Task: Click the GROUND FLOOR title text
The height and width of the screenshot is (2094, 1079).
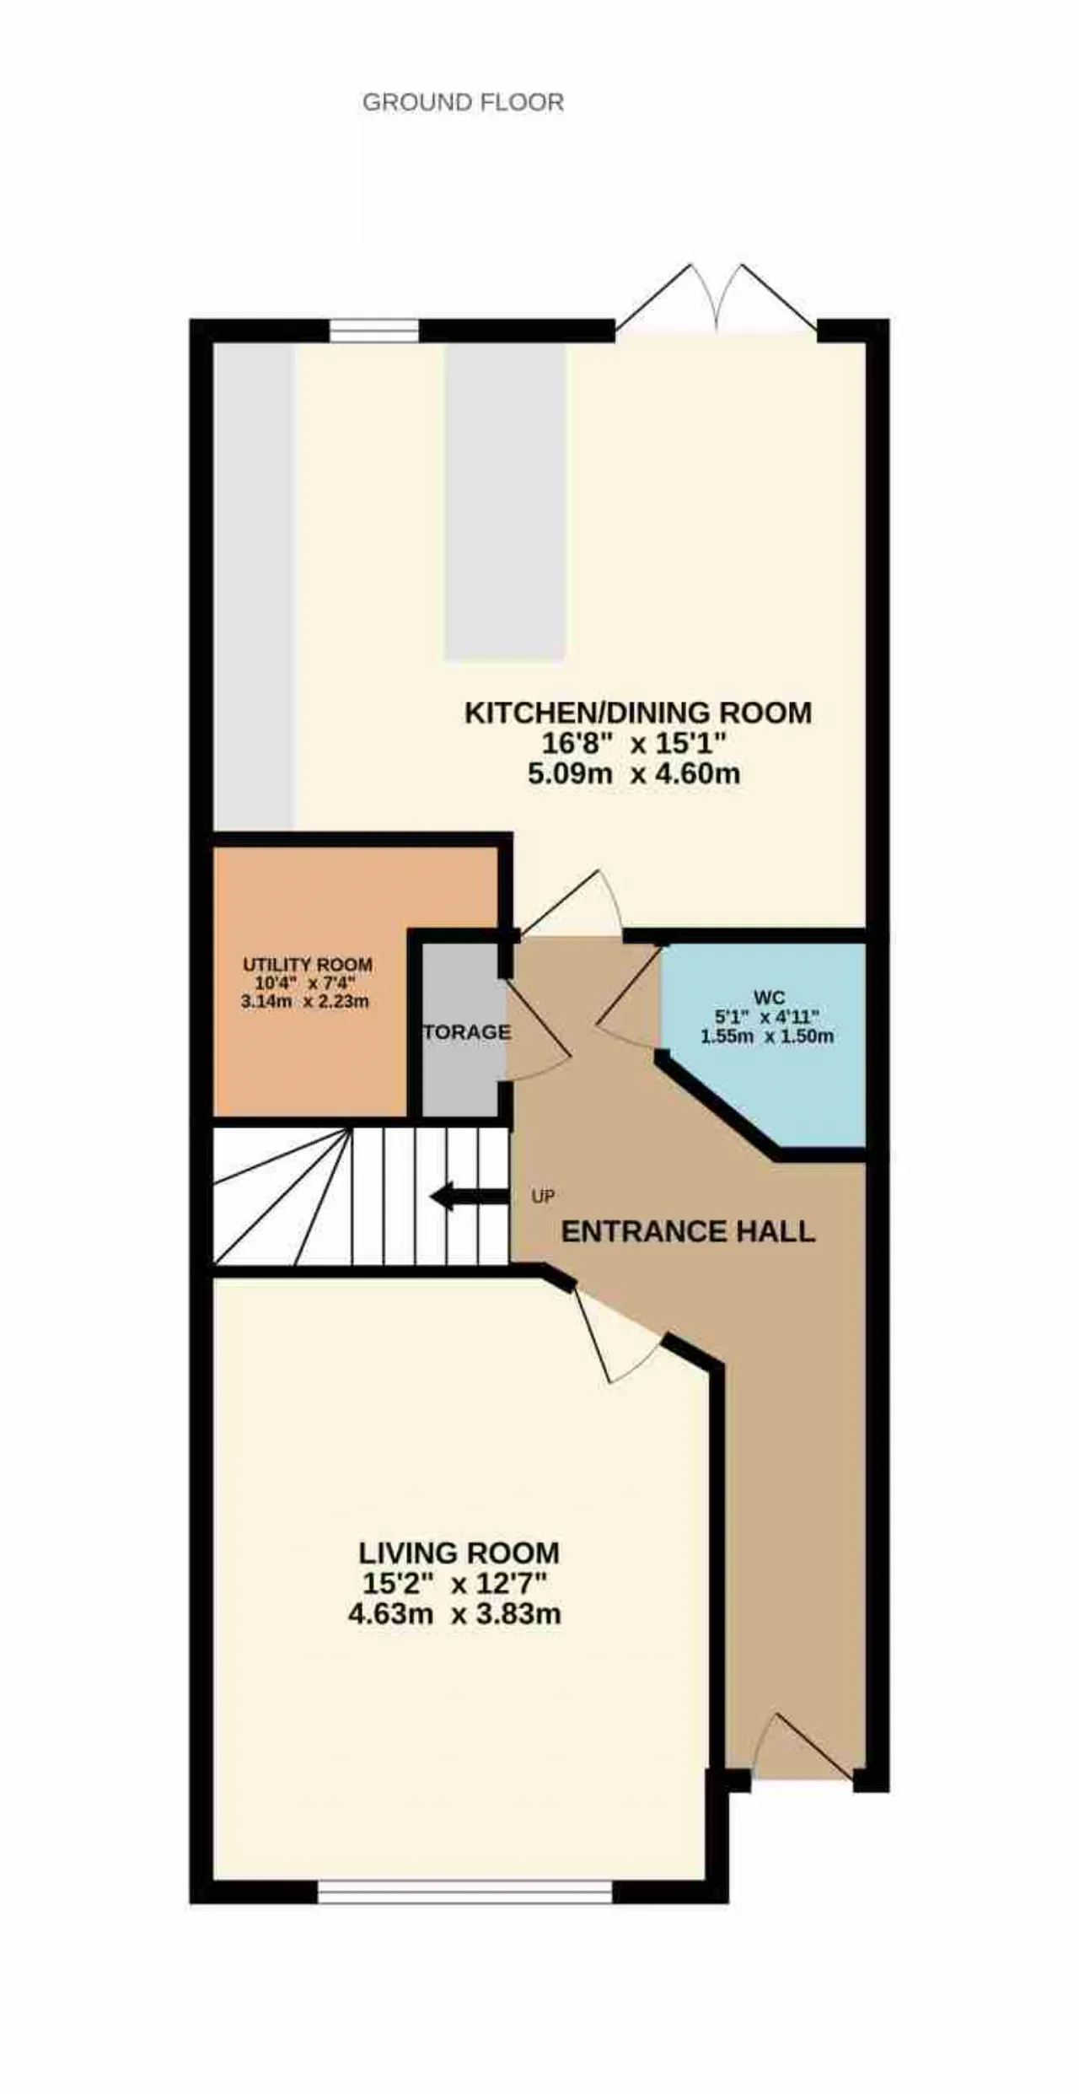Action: click(x=463, y=103)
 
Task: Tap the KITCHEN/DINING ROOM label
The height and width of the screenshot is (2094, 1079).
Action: click(x=638, y=713)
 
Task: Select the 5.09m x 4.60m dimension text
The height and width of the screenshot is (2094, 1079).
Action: click(x=634, y=773)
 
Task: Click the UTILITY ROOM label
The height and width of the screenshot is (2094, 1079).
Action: click(x=308, y=965)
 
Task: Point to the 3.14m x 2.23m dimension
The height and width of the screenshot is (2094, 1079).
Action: click(x=305, y=1002)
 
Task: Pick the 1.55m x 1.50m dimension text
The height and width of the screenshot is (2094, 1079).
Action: click(x=767, y=1036)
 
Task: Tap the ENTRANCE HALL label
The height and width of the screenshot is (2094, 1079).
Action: click(x=688, y=1232)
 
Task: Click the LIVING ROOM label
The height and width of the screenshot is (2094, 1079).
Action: click(x=459, y=1553)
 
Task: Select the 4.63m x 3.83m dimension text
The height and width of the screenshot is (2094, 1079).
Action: click(x=454, y=1614)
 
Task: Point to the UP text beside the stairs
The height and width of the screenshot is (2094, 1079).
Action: click(x=543, y=1196)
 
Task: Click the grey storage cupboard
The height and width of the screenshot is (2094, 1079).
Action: click(x=460, y=1029)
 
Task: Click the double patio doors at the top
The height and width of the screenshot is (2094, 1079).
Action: click(x=717, y=299)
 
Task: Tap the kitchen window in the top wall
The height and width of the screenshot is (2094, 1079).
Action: click(x=373, y=331)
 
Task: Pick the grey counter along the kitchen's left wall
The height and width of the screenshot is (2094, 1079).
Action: click(x=255, y=586)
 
